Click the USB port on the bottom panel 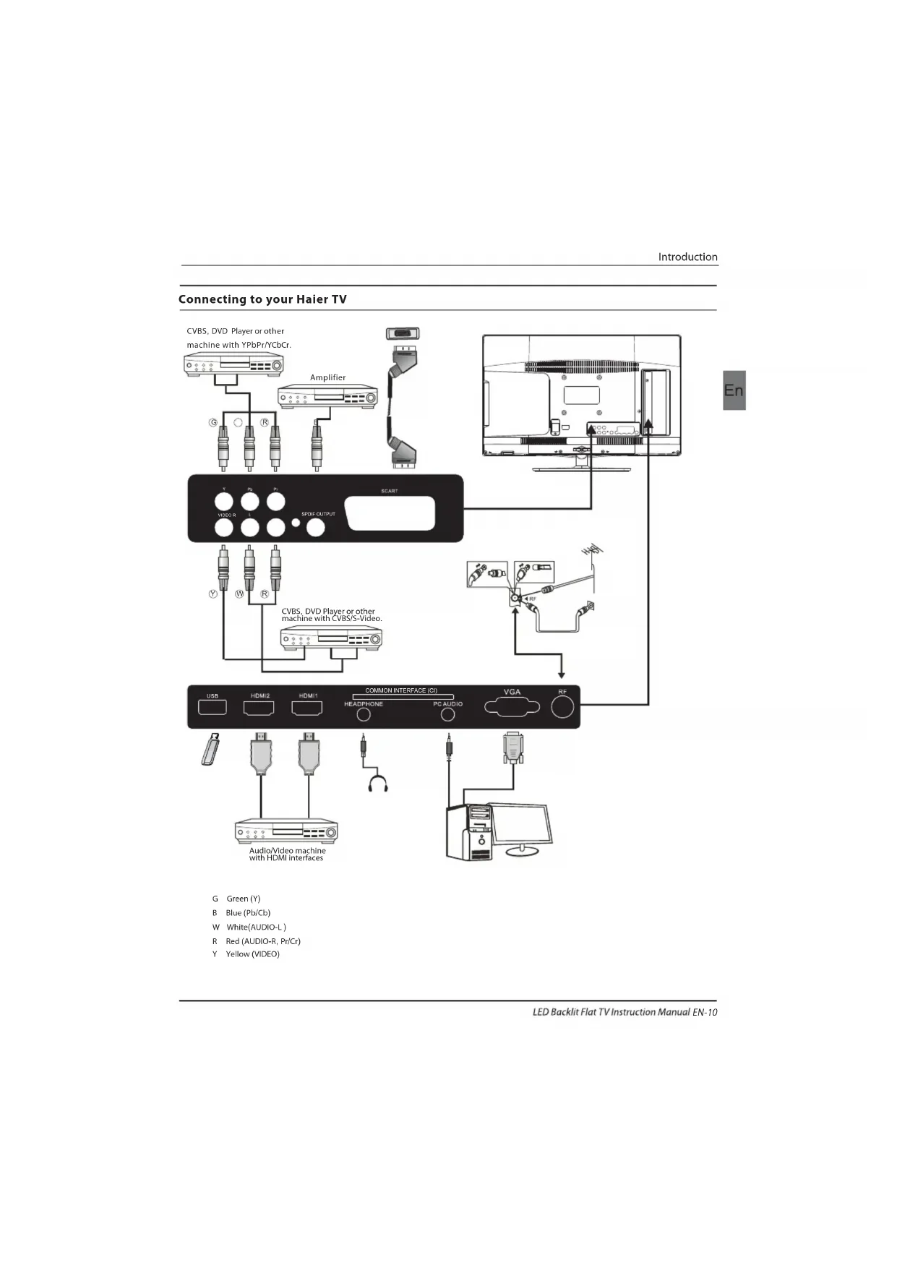tap(213, 707)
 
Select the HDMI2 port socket tap(259, 708)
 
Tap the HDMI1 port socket tap(306, 708)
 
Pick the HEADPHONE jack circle tap(364, 714)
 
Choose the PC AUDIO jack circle tap(447, 714)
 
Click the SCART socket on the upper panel tap(390, 513)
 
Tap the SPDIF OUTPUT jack tap(316, 527)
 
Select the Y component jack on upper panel tap(224, 501)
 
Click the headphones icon tap(377, 784)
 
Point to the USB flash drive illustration tap(210, 749)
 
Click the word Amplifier tap(327, 377)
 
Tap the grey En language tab tap(734, 390)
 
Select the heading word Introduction tap(687, 257)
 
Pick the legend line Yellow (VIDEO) tap(252, 954)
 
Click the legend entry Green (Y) tap(243, 899)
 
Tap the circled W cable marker tap(239, 594)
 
